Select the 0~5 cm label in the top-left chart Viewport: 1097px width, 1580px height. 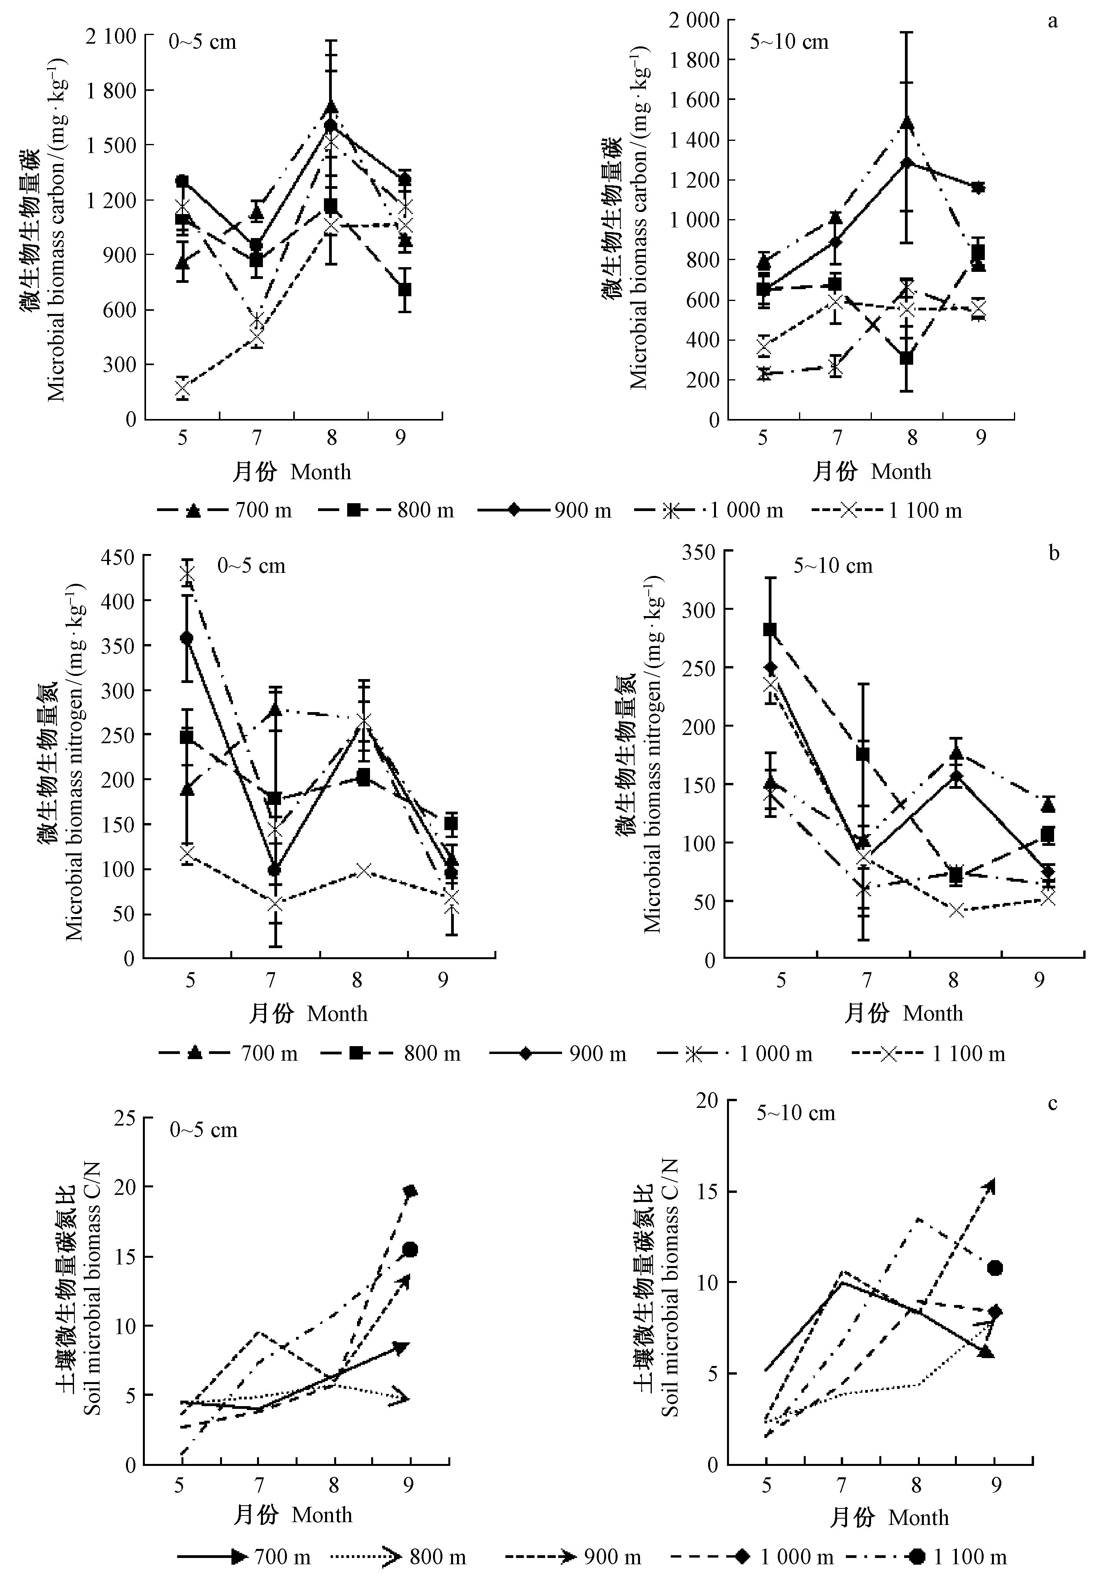click(203, 42)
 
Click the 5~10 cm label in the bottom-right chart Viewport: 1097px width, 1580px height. click(796, 1113)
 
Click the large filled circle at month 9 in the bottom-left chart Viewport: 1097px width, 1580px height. click(411, 1250)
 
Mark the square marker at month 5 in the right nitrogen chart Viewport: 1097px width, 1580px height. click(771, 629)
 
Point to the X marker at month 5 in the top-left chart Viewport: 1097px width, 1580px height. click(182, 389)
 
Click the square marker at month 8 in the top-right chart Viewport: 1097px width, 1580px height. click(906, 358)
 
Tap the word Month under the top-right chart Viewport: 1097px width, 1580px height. click(901, 472)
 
